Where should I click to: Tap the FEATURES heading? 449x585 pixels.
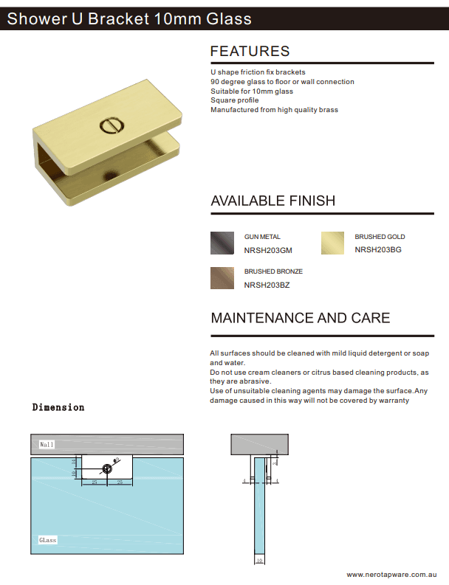250,52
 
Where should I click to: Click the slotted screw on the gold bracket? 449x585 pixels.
110,126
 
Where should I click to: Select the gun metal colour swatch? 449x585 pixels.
222,243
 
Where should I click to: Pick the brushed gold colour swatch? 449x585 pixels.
332,243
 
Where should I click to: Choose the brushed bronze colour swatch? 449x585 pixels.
222,277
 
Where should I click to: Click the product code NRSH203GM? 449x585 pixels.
268,250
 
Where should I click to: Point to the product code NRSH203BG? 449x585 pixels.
378,250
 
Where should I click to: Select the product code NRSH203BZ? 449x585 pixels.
267,285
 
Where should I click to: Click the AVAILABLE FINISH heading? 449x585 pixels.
273,201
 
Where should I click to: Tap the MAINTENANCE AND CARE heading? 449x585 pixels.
301,318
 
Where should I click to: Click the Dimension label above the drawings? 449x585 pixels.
58,407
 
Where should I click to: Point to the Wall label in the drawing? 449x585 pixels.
47,445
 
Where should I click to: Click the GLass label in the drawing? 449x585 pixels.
47,540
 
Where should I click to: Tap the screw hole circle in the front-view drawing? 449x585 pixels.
108,468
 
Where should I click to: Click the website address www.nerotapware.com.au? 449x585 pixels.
393,574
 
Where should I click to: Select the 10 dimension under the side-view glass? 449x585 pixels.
258,561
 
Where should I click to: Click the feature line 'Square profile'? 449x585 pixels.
234,100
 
